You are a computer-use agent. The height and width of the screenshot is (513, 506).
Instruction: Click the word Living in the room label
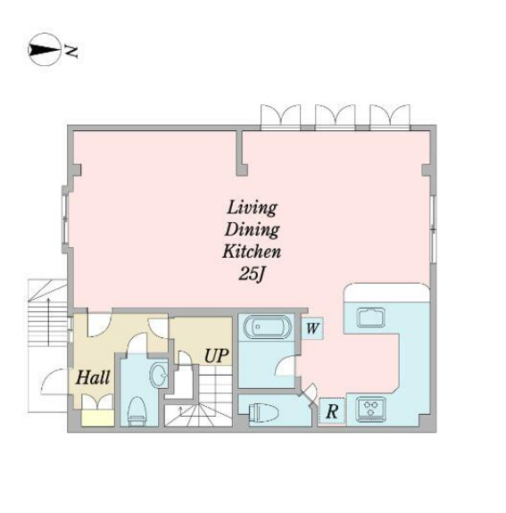pos(252,208)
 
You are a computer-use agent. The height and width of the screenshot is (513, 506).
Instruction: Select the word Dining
pos(252,229)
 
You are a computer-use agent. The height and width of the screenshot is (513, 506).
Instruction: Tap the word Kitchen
pos(252,252)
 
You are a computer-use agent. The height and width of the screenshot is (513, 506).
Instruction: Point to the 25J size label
pos(252,274)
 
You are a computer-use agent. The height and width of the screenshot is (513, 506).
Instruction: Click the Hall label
pos(93,377)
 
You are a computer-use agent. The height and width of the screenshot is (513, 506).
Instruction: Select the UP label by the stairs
pos(217,355)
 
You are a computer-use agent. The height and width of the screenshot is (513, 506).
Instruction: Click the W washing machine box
pos(312,327)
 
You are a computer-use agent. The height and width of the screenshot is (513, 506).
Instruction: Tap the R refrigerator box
pos(331,410)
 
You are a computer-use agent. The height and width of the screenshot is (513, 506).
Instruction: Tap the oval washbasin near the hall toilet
pos(159,375)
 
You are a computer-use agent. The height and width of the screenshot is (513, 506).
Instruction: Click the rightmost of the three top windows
pos(389,115)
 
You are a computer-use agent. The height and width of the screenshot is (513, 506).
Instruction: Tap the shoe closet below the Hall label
pos(95,412)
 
